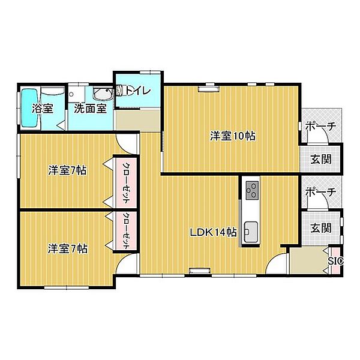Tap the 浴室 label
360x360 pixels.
[x=43, y=109]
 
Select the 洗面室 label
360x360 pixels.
[x=91, y=109]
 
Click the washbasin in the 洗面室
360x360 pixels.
[x=103, y=94]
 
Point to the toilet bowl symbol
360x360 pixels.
[x=120, y=90]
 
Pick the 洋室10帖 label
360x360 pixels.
[x=233, y=136]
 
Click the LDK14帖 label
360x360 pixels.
[x=213, y=232]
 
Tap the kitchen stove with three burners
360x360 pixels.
[x=252, y=190]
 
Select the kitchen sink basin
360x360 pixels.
[x=251, y=232]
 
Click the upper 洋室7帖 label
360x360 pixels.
[x=67, y=170]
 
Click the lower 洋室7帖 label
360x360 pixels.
[x=67, y=248]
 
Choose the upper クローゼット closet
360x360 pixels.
[x=126, y=182]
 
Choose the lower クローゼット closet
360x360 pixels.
[x=126, y=231]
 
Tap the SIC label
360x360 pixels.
[x=335, y=261]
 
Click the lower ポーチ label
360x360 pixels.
[x=321, y=192]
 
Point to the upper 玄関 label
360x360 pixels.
[x=321, y=159]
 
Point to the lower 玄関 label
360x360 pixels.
[x=321, y=228]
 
